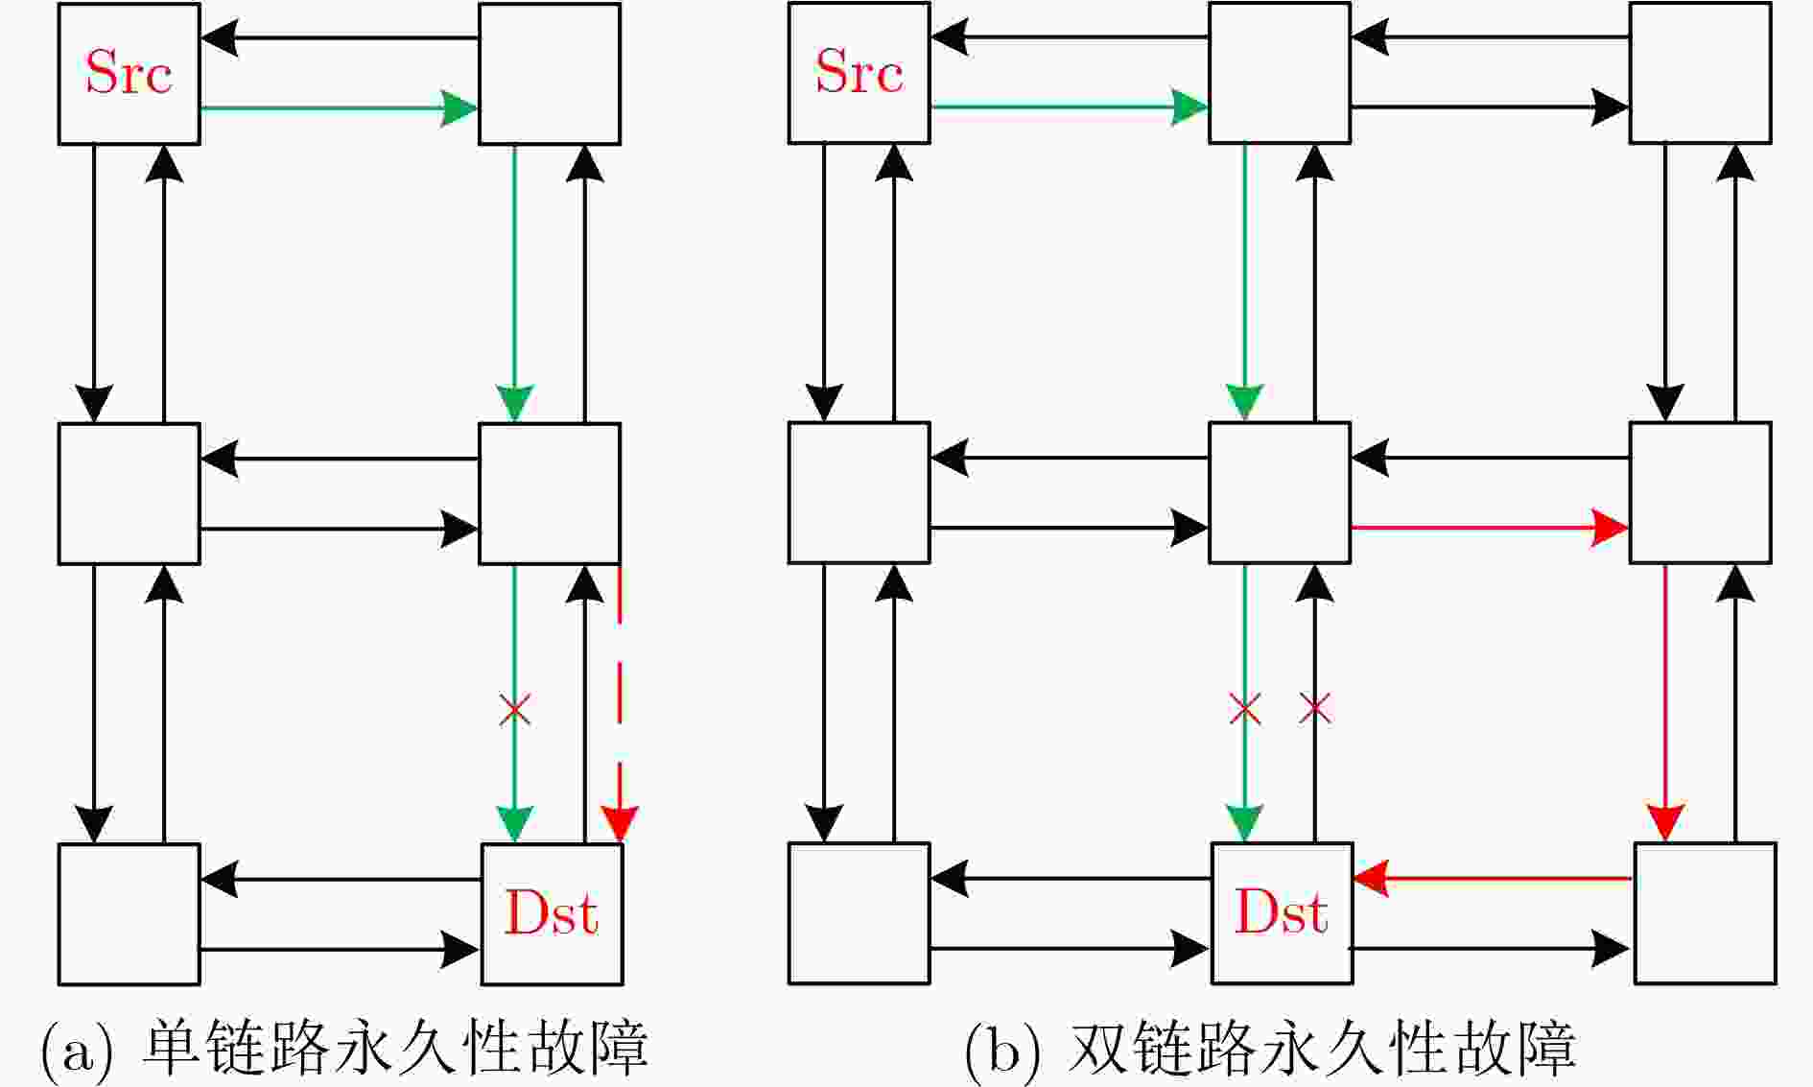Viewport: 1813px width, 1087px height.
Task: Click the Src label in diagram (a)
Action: [129, 72]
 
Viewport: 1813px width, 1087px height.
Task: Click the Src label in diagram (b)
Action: [859, 72]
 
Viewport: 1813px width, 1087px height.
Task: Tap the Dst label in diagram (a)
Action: [552, 912]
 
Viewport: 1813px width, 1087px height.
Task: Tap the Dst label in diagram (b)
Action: [1282, 911]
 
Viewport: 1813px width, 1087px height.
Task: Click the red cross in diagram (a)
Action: [515, 711]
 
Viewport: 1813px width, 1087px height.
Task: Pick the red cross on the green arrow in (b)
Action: [1245, 710]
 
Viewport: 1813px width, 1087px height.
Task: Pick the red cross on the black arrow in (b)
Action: [1314, 710]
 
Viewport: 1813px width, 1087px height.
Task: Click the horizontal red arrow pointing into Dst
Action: [1493, 878]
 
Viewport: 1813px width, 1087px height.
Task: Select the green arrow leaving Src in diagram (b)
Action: [1070, 107]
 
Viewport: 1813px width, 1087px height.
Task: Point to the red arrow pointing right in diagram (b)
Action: [1490, 527]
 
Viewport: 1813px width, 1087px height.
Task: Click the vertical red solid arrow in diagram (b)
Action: [1664, 703]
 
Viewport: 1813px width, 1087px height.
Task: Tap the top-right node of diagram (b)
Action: [1700, 73]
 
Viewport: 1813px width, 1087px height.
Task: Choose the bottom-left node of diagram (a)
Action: [129, 914]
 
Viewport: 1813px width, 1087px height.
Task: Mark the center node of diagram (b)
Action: [1280, 492]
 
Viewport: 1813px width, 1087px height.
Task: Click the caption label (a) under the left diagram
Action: [77, 1050]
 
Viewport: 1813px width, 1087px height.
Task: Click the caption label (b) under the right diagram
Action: [1001, 1050]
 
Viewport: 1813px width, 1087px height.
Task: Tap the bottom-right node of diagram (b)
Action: [1706, 913]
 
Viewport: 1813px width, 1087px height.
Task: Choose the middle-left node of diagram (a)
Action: [129, 493]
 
